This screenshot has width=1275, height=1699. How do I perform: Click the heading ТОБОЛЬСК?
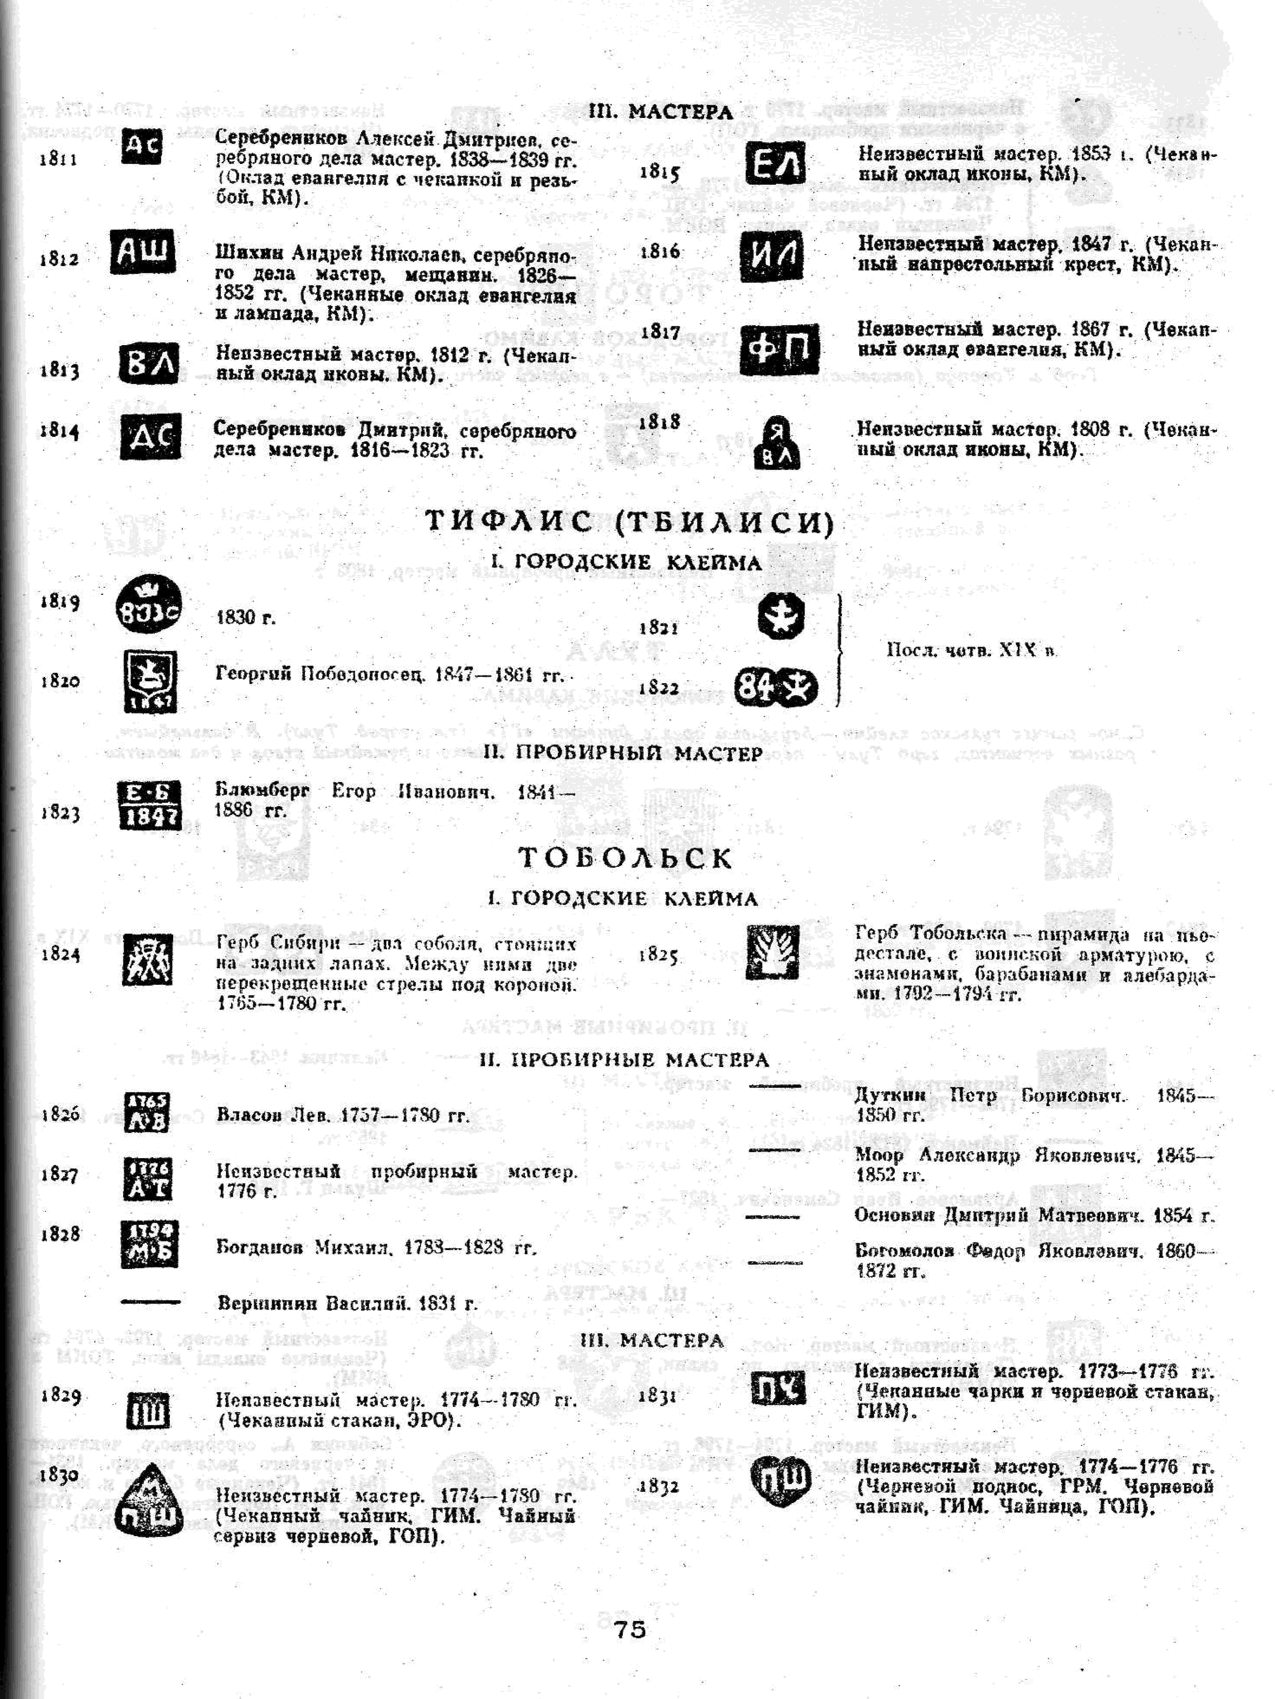pyautogui.click(x=626, y=857)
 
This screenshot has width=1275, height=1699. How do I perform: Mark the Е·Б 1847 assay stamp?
pyautogui.click(x=150, y=805)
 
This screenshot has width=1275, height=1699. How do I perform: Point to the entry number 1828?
pyautogui.click(x=60, y=1234)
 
